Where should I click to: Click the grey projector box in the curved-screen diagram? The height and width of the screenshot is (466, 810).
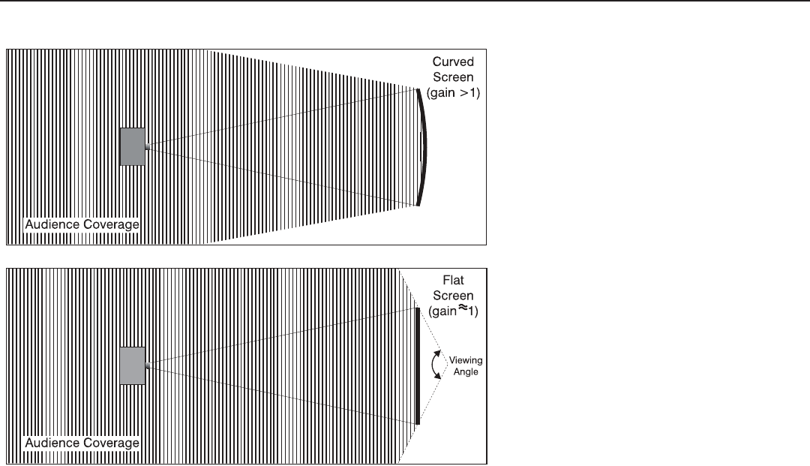point(132,146)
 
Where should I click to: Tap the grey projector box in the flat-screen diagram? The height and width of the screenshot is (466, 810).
point(132,365)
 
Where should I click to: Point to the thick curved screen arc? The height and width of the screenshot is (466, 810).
point(424,147)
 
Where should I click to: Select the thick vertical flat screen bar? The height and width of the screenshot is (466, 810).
point(418,365)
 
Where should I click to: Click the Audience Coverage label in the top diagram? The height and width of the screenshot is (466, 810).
point(82,224)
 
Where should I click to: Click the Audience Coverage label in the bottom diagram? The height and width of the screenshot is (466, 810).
point(82,443)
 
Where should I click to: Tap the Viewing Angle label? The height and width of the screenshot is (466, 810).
point(466,365)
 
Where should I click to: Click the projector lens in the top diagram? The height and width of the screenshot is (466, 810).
point(148,147)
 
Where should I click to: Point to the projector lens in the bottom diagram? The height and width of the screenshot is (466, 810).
point(148,365)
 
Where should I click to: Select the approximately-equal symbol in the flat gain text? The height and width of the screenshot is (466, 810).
point(461,308)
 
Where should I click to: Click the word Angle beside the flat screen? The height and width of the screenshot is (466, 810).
point(466,371)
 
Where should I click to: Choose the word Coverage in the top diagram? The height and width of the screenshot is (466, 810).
point(111,224)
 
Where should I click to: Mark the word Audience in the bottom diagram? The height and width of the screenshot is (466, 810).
point(54,443)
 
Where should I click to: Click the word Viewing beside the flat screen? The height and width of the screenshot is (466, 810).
point(466,361)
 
